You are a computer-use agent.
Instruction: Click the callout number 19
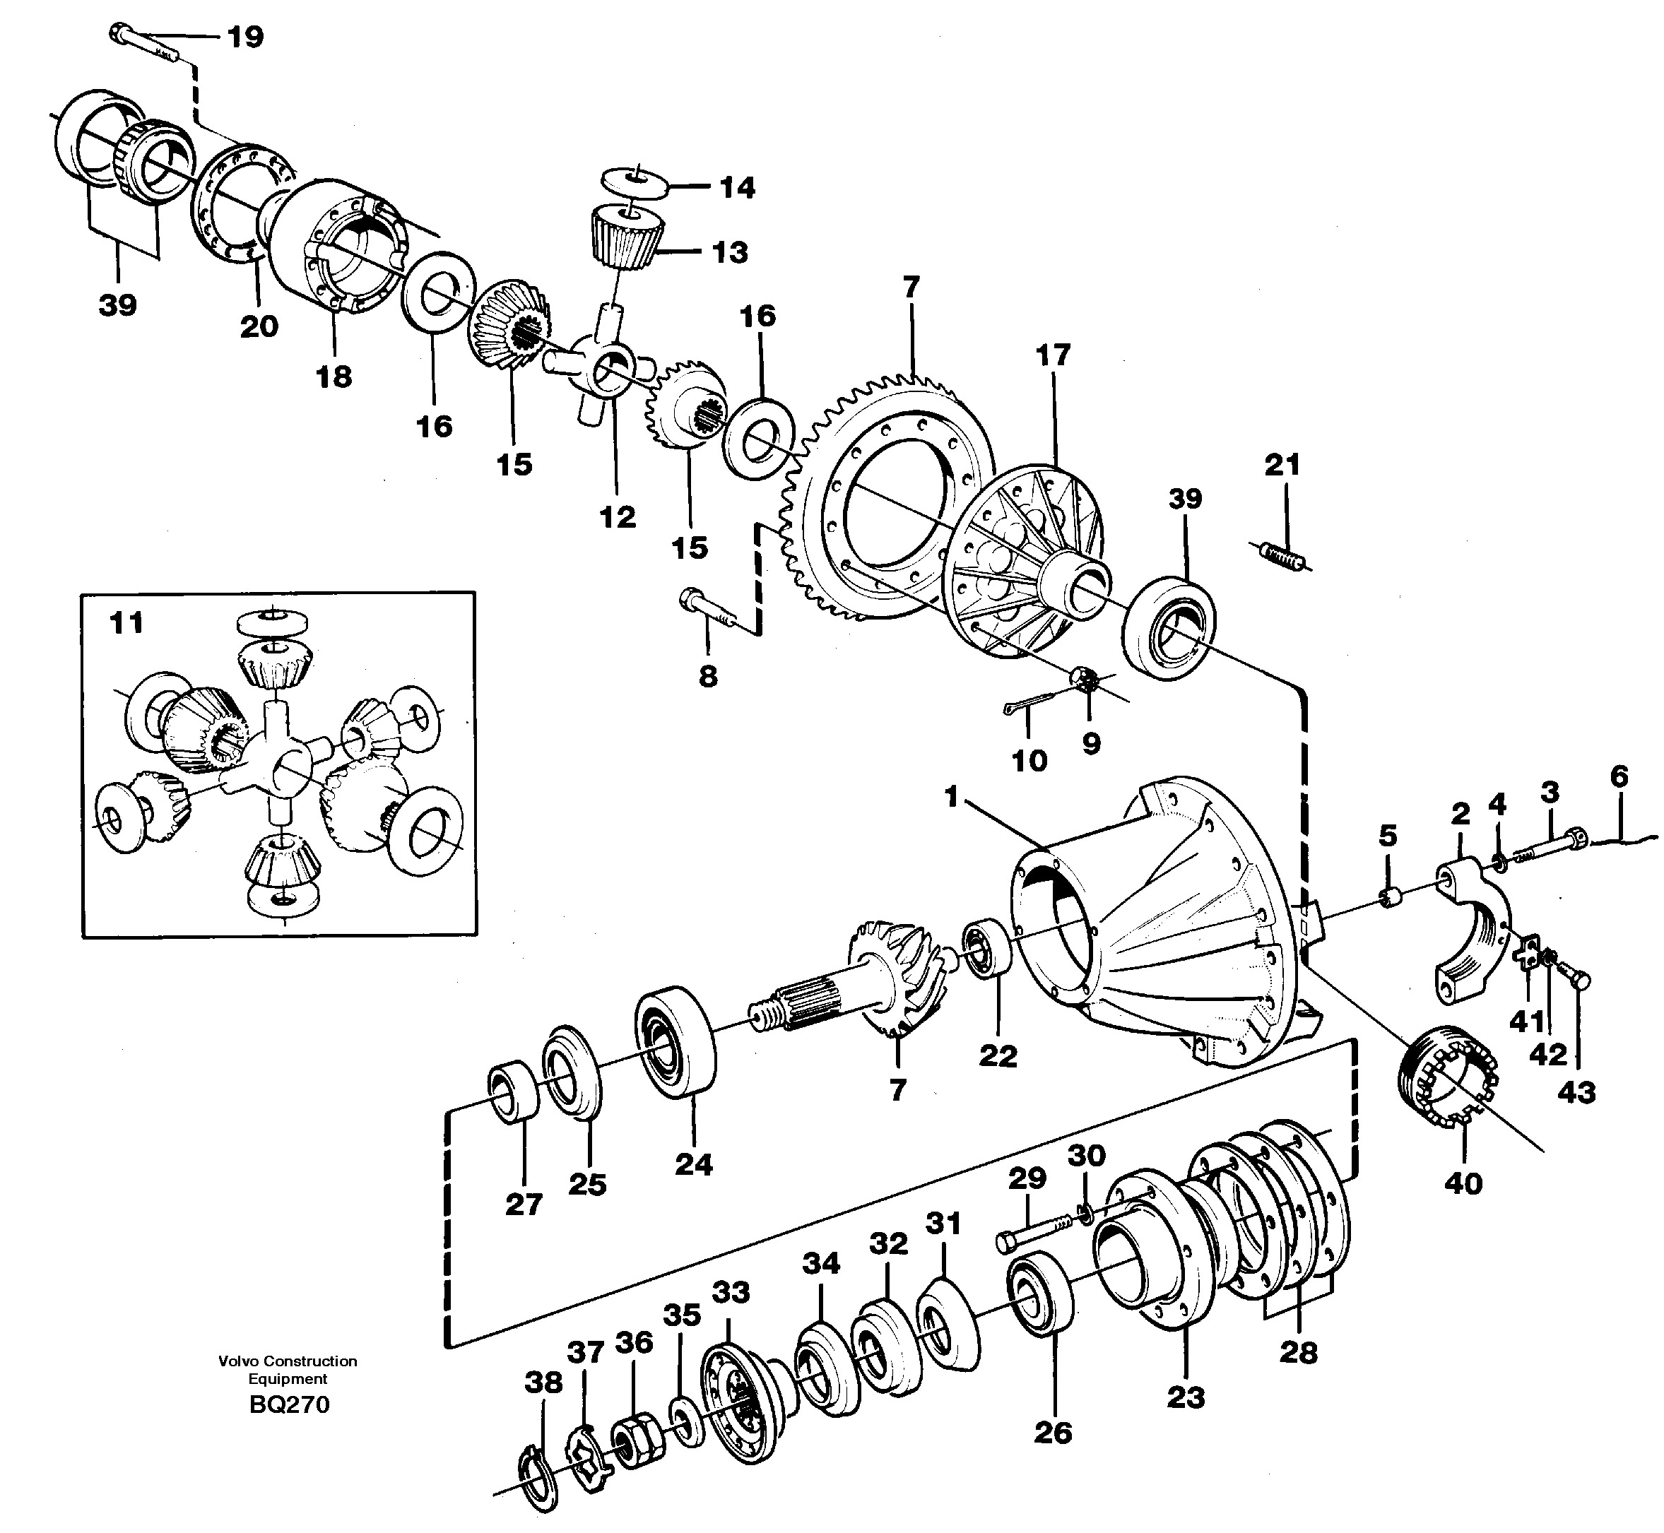(x=245, y=37)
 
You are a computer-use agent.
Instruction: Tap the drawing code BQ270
(x=289, y=1404)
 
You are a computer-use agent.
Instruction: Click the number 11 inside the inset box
(x=127, y=622)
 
